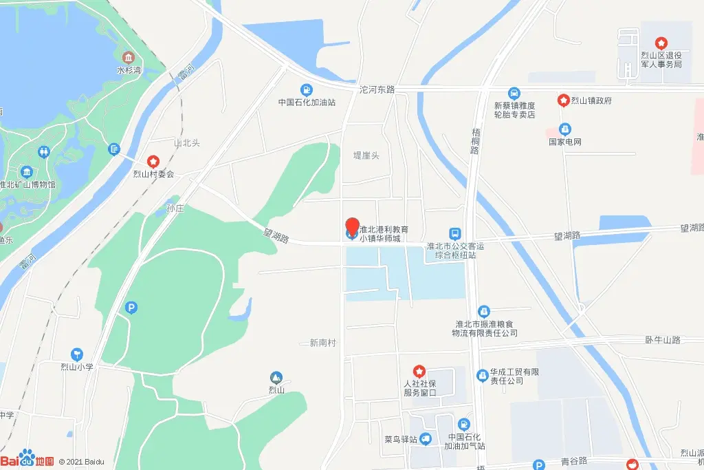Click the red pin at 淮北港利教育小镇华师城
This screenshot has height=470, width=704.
[351, 226]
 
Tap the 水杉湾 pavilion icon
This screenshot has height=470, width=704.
[128, 57]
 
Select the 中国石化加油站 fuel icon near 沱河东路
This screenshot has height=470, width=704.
[306, 89]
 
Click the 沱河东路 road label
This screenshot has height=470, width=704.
[377, 89]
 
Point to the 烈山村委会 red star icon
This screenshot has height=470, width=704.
[153, 161]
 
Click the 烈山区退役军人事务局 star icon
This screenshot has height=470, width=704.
[661, 43]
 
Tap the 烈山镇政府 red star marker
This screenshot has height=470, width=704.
[563, 100]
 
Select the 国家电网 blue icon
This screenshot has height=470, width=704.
[564, 129]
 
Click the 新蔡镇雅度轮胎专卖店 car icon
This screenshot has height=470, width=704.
[514, 93]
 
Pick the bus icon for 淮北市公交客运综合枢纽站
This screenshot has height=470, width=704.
[454, 233]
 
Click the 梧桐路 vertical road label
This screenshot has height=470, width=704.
[474, 140]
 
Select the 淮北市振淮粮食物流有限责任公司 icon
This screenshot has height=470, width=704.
[484, 312]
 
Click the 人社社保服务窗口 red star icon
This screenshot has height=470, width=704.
[418, 371]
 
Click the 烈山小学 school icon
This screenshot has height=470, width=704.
[76, 354]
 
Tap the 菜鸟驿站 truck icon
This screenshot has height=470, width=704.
[426, 438]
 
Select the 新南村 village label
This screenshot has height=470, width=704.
[322, 342]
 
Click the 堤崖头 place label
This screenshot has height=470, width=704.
[366, 156]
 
